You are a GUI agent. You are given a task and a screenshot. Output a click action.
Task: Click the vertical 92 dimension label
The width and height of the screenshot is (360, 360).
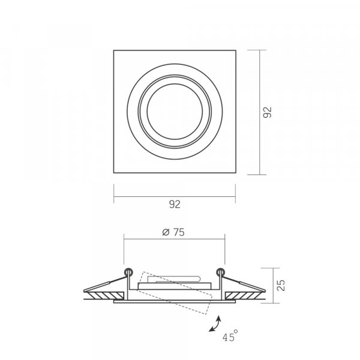click(267, 112)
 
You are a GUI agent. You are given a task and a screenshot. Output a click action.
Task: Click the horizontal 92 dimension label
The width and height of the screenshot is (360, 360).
click(175, 204)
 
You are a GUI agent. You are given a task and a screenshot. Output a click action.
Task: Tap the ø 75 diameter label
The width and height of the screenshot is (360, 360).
click(173, 232)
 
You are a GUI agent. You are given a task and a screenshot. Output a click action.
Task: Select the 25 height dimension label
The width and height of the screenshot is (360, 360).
click(281, 286)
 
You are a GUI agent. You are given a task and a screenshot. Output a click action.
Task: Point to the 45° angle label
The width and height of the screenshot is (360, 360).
click(230, 336)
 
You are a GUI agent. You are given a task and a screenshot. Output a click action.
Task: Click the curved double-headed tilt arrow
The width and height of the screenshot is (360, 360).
click(215, 324)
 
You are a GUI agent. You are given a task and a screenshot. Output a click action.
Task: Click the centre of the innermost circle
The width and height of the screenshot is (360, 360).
click(175, 112)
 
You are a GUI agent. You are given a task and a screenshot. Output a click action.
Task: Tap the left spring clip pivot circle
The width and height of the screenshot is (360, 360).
click(128, 272)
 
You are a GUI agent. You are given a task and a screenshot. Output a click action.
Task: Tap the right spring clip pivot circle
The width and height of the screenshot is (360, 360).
click(221, 272)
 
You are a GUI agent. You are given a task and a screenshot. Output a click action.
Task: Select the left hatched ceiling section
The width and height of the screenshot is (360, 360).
click(106, 296)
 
